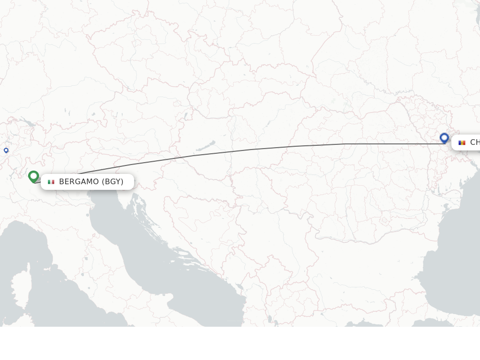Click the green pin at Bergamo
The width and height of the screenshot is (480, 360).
33,176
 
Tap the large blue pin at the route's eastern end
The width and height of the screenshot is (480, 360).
444,138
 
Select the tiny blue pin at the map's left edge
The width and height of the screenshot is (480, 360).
6,150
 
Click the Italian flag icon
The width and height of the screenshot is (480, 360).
51,182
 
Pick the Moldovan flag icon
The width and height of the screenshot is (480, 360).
462,142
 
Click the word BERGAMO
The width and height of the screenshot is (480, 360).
79,182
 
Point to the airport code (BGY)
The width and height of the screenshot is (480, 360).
112,182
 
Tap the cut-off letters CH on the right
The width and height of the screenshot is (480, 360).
474,142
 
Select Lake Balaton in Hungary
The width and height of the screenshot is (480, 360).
206,146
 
